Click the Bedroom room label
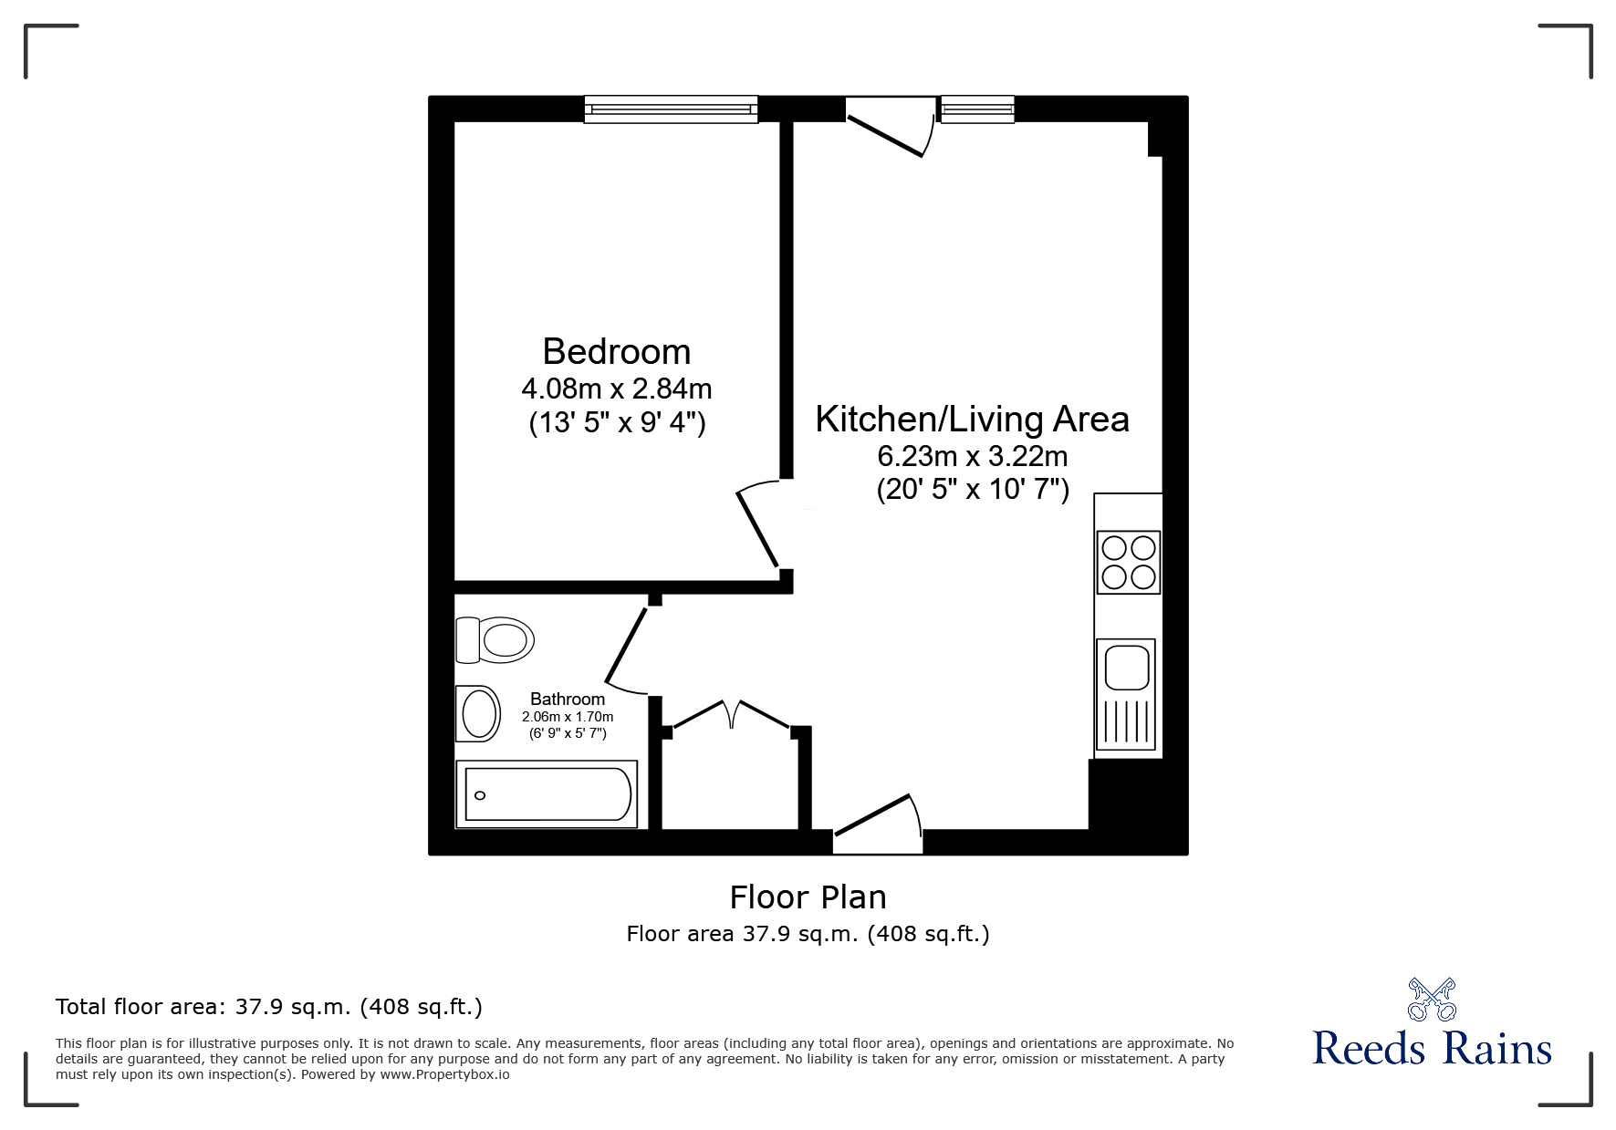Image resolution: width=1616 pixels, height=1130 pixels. point(616,351)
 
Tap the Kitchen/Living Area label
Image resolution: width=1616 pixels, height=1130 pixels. point(972,419)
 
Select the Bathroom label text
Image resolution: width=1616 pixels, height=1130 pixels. point(568,699)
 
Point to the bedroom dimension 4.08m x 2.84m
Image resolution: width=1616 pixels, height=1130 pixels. point(616,389)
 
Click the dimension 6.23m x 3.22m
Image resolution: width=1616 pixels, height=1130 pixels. point(972,455)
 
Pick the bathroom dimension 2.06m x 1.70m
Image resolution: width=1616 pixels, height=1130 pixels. point(568,717)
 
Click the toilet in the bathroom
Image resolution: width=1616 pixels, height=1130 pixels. point(495,639)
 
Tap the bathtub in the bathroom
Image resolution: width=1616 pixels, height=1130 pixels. point(547,795)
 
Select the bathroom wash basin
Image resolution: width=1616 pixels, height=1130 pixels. point(478,713)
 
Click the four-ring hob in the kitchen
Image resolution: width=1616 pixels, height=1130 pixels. point(1129,562)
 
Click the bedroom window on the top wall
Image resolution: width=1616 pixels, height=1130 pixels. point(671,109)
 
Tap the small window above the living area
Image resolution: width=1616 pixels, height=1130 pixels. point(977,109)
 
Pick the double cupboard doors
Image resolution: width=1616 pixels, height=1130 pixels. point(732,714)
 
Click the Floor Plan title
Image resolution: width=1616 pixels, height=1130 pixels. point(808,897)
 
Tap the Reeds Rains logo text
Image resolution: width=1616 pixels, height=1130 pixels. point(1432,1049)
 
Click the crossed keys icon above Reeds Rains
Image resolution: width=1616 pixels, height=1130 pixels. point(1432,1000)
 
